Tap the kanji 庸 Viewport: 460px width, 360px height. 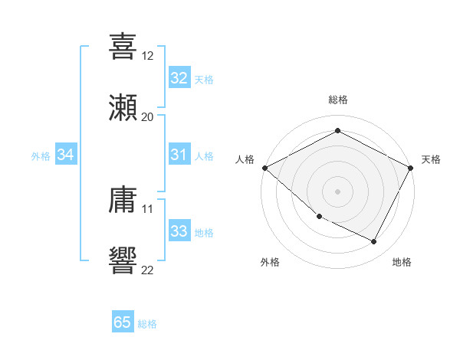(x=123, y=199)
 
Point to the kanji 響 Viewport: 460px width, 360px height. (x=123, y=259)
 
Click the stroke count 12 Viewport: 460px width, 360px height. (x=148, y=56)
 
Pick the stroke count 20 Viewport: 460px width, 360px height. (x=148, y=116)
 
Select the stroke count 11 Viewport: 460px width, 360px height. (x=148, y=208)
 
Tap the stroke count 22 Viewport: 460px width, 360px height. (x=148, y=269)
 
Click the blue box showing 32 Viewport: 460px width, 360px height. (x=179, y=78)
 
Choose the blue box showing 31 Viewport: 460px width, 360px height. (x=179, y=155)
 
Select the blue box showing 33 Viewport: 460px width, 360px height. (x=179, y=231)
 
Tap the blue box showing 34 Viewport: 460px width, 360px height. (x=66, y=155)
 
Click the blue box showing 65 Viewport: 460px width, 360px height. (x=123, y=322)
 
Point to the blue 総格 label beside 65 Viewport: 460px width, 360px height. (x=147, y=324)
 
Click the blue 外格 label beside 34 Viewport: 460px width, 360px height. (x=41, y=156)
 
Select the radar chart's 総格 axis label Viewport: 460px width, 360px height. (x=337, y=100)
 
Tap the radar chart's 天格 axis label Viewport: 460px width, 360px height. (x=431, y=159)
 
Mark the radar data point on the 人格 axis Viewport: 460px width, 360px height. (x=264, y=168)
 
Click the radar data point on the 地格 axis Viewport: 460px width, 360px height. (x=374, y=242)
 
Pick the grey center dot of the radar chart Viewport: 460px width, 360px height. (x=337, y=191)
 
